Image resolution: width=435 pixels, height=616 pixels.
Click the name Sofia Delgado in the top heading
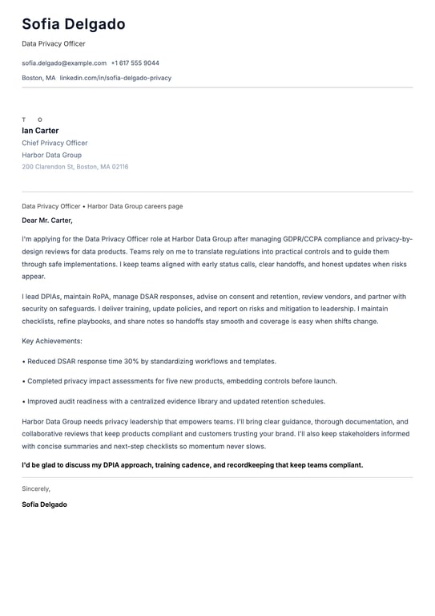pyautogui.click(x=74, y=24)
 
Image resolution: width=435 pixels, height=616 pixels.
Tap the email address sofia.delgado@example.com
pyautogui.click(x=64, y=63)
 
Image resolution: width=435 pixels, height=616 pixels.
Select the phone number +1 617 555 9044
pyautogui.click(x=135, y=63)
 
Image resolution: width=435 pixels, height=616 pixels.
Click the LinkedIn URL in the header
pyautogui.click(x=115, y=78)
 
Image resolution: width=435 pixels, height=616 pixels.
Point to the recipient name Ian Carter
pyautogui.click(x=40, y=131)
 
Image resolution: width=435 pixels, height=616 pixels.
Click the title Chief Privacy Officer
pyautogui.click(x=54, y=143)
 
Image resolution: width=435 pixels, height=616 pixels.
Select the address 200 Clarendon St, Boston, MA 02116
pyautogui.click(x=75, y=167)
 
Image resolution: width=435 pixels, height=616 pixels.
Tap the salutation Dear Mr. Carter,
pyautogui.click(x=47, y=220)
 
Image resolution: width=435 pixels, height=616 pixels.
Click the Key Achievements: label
pyautogui.click(x=53, y=341)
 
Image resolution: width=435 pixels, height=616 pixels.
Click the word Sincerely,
pyautogui.click(x=36, y=488)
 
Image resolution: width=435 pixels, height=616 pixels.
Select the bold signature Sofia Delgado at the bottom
pyautogui.click(x=44, y=505)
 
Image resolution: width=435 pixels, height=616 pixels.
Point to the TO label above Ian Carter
pyautogui.click(x=32, y=120)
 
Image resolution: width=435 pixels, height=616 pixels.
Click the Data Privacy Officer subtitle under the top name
pyautogui.click(x=54, y=43)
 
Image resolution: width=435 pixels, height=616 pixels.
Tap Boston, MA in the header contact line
pyautogui.click(x=38, y=78)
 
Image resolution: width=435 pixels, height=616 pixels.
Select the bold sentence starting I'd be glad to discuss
pyautogui.click(x=192, y=464)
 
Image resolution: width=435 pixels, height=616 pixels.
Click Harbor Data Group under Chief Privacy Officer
pyautogui.click(x=51, y=155)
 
